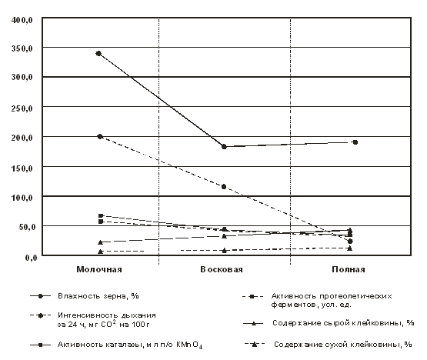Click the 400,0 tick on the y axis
coord(22,20)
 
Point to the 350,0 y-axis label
coord(22,48)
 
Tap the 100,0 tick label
coord(22,198)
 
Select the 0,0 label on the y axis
coord(31,258)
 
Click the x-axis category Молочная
coord(99,269)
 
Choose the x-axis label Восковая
coord(222,269)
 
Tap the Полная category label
coord(349,269)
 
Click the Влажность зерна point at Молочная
coord(98,53)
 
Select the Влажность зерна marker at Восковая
coord(224,147)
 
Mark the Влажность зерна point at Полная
coord(355,142)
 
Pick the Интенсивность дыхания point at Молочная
coord(100,136)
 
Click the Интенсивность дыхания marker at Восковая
coord(224,187)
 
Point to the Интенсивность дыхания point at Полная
coord(350,242)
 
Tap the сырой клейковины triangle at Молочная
coord(100,242)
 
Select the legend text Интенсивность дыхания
coord(107,315)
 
